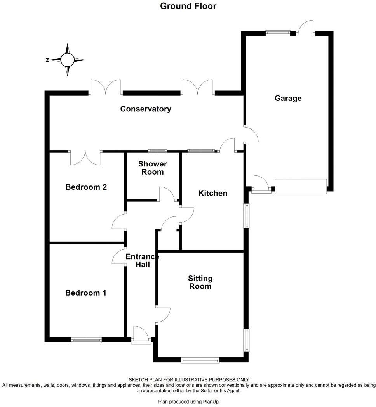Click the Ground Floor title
(x=188, y=6)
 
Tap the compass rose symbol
(x=67, y=60)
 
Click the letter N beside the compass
(x=47, y=60)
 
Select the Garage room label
(x=288, y=98)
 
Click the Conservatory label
(x=145, y=109)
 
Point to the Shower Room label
(x=152, y=168)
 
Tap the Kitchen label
(x=212, y=193)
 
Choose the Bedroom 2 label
(x=86, y=187)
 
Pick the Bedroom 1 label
(x=85, y=293)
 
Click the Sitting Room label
(x=200, y=282)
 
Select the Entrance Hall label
(x=142, y=260)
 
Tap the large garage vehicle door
(x=301, y=186)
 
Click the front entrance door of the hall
(x=141, y=336)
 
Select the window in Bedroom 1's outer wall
(x=86, y=340)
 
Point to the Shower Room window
(x=157, y=151)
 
